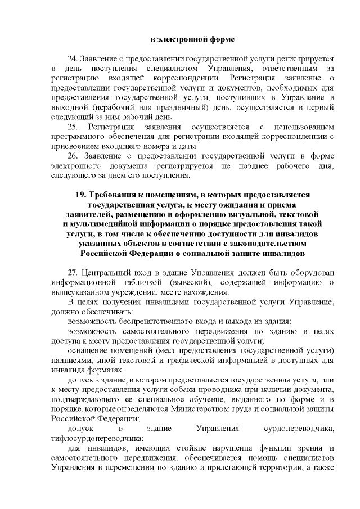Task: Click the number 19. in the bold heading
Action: pos(81,195)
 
